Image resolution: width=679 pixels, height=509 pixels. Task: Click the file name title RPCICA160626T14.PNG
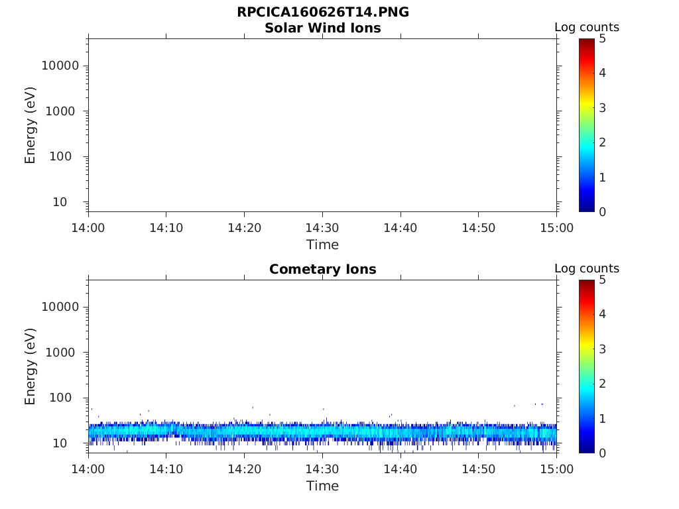pos(322,13)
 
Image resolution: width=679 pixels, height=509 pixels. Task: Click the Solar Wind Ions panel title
pos(322,28)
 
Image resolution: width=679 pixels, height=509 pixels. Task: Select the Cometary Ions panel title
pos(322,270)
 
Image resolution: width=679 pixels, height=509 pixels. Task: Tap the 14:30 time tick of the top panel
pos(322,228)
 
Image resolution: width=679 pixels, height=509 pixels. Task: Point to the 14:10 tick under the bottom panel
pos(166,469)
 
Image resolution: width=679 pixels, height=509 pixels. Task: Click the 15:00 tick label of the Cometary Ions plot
pos(556,469)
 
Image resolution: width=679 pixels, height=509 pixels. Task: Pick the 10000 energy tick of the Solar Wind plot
pos(60,66)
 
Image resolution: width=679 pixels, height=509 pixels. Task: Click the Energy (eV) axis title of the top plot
pos(31,125)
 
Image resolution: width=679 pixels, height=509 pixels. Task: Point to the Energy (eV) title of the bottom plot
pos(31,367)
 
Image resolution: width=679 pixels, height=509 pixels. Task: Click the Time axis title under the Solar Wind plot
pos(322,245)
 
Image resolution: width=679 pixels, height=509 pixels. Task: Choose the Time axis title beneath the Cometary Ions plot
pos(322,486)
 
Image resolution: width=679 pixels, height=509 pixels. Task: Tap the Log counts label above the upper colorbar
pos(587,28)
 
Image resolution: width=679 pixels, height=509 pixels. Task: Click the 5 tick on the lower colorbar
pos(603,280)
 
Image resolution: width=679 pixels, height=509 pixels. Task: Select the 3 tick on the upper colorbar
pos(603,108)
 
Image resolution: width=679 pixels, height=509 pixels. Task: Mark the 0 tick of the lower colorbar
pos(603,453)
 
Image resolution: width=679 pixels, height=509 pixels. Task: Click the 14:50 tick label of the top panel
pos(478,228)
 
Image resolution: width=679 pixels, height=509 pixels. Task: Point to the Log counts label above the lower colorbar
pos(587,269)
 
